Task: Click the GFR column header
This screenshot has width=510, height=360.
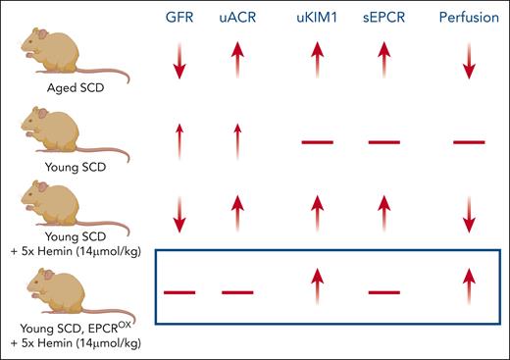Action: click(179, 19)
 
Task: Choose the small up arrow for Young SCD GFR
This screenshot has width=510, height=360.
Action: click(179, 142)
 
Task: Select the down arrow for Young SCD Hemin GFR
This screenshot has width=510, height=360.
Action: click(179, 213)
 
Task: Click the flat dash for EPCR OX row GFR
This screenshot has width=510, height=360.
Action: click(179, 292)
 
